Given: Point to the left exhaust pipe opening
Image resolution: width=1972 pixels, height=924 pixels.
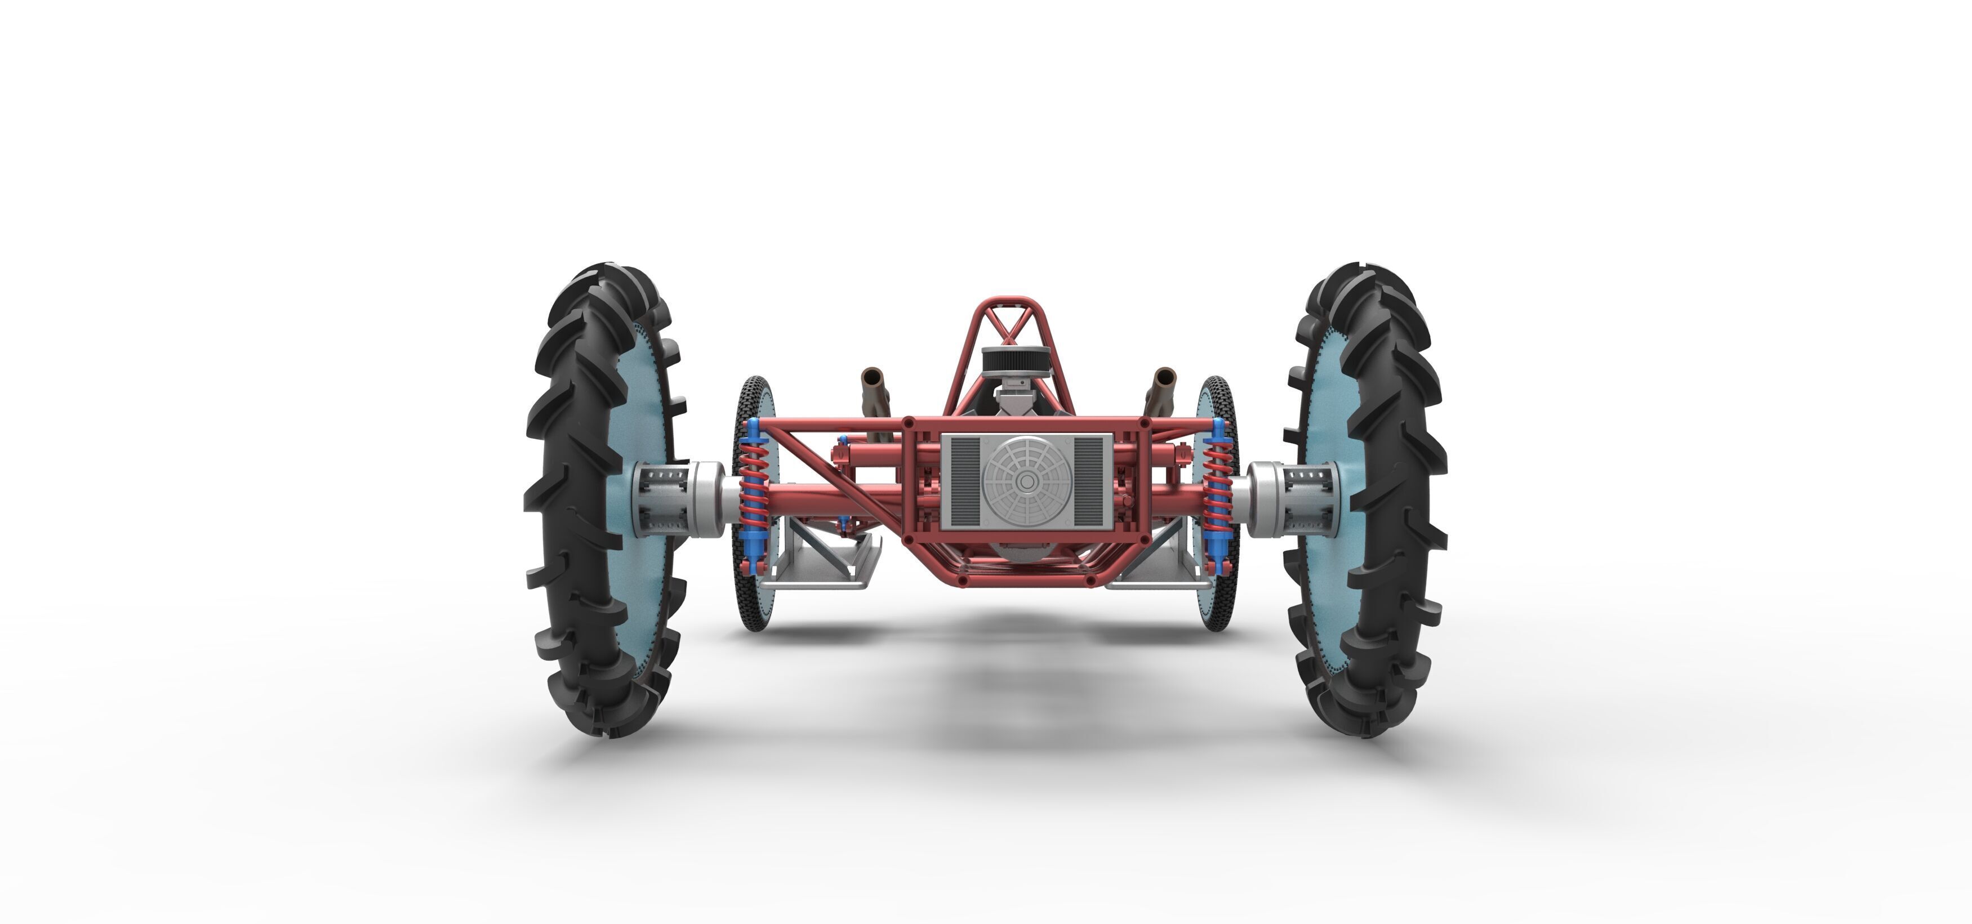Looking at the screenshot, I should pyautogui.click(x=871, y=377).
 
